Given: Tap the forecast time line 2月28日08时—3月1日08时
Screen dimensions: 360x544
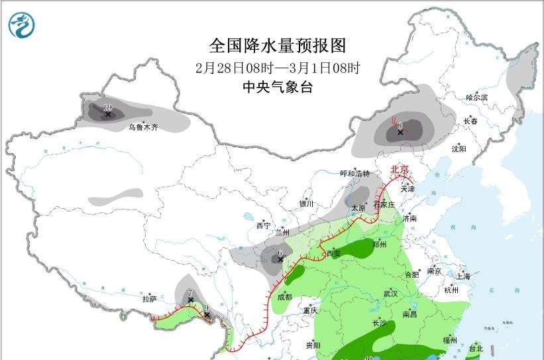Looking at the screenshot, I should pyautogui.click(x=278, y=68).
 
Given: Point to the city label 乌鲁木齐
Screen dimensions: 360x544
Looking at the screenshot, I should pyautogui.click(x=143, y=127).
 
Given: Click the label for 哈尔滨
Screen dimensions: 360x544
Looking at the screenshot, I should pyautogui.click(x=476, y=97).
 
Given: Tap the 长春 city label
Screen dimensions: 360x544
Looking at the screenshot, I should pyautogui.click(x=470, y=121).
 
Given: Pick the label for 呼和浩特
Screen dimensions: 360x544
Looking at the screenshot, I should pyautogui.click(x=354, y=174).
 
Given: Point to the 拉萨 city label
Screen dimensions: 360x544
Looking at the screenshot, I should pyautogui.click(x=149, y=299).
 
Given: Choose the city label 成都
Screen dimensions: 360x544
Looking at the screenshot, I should pyautogui.click(x=284, y=297).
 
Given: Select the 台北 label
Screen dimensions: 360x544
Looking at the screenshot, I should pyautogui.click(x=476, y=348).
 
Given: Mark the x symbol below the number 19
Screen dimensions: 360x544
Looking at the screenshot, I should pyautogui.click(x=107, y=115).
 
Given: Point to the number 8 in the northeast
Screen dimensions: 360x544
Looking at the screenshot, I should pyautogui.click(x=400, y=125).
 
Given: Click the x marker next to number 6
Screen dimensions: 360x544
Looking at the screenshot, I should pyautogui.click(x=280, y=259).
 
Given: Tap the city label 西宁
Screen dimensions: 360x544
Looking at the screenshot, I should pyautogui.click(x=263, y=226).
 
